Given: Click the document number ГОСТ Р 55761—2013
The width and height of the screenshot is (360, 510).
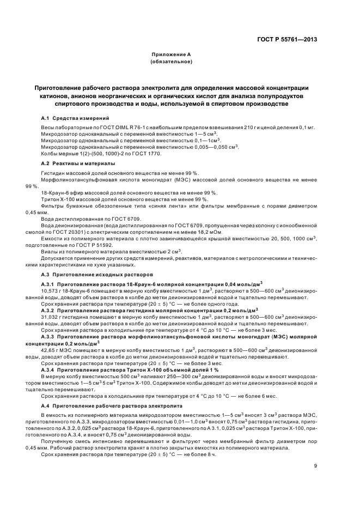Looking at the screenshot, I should (x=286, y=39).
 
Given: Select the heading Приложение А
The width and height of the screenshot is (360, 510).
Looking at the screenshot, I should (x=170, y=55).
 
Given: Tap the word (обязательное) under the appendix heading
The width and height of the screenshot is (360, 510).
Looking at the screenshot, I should (x=170, y=62).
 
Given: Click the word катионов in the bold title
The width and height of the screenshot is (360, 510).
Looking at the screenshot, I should (x=51, y=95).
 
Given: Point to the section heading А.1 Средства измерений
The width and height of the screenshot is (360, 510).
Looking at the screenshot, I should (x=75, y=118).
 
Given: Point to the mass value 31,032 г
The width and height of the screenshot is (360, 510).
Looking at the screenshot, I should (x=52, y=316).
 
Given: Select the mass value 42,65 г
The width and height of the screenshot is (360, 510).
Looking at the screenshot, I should (x=51, y=350).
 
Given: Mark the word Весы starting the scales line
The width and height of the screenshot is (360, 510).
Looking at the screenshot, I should (x=47, y=127).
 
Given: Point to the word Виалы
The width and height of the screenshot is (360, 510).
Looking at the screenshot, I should (x=49, y=251).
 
